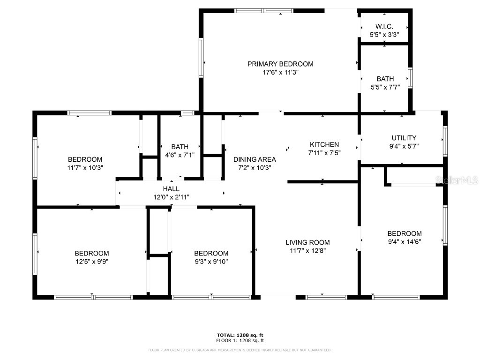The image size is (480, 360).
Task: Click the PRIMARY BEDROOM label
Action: (x=280, y=64)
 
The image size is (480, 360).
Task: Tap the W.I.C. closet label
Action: (x=384, y=26)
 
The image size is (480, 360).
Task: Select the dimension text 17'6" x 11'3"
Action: (x=280, y=73)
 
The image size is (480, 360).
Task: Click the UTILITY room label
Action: (x=404, y=138)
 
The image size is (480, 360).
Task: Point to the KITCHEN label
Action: (x=324, y=144)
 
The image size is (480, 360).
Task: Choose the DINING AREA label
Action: (x=255, y=159)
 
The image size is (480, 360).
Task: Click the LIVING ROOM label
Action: (x=307, y=242)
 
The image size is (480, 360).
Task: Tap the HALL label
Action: (x=171, y=188)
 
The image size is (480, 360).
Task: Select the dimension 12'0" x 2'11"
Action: (x=171, y=197)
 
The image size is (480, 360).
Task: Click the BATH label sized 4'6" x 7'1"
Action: (x=180, y=147)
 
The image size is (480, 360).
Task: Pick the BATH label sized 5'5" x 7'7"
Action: (x=385, y=79)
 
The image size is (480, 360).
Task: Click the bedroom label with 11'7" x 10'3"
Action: (x=85, y=159)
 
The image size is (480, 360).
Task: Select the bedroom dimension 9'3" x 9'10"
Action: (x=211, y=262)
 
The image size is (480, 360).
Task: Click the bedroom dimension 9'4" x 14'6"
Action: (x=404, y=242)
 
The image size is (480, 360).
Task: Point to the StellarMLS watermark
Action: (x=457, y=180)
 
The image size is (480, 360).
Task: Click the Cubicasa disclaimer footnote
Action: (x=240, y=350)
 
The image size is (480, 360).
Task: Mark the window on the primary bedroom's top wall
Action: (x=263, y=10)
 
